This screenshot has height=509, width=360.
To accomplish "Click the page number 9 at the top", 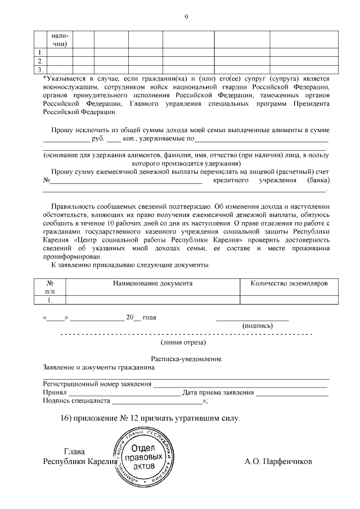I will pos(186,17).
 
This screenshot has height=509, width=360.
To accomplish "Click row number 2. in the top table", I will pos(40,60).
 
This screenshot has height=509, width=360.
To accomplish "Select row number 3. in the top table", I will pos(40,69).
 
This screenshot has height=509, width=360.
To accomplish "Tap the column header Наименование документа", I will pos(152,283).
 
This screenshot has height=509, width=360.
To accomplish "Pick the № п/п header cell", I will pos(49,287).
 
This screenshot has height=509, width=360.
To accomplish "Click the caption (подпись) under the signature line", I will pos(257,326).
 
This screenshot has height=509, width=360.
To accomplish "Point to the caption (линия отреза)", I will pos(183,342).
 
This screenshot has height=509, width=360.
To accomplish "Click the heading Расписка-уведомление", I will pos(186,359).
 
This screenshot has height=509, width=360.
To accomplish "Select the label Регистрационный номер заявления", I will pos(97,384).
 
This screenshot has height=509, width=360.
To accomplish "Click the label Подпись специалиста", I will pos(77,401).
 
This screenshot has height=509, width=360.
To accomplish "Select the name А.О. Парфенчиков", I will pos(278,462).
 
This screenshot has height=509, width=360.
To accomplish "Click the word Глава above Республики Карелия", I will pos(74,451).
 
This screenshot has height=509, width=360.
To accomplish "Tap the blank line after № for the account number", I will pos(126,181).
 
